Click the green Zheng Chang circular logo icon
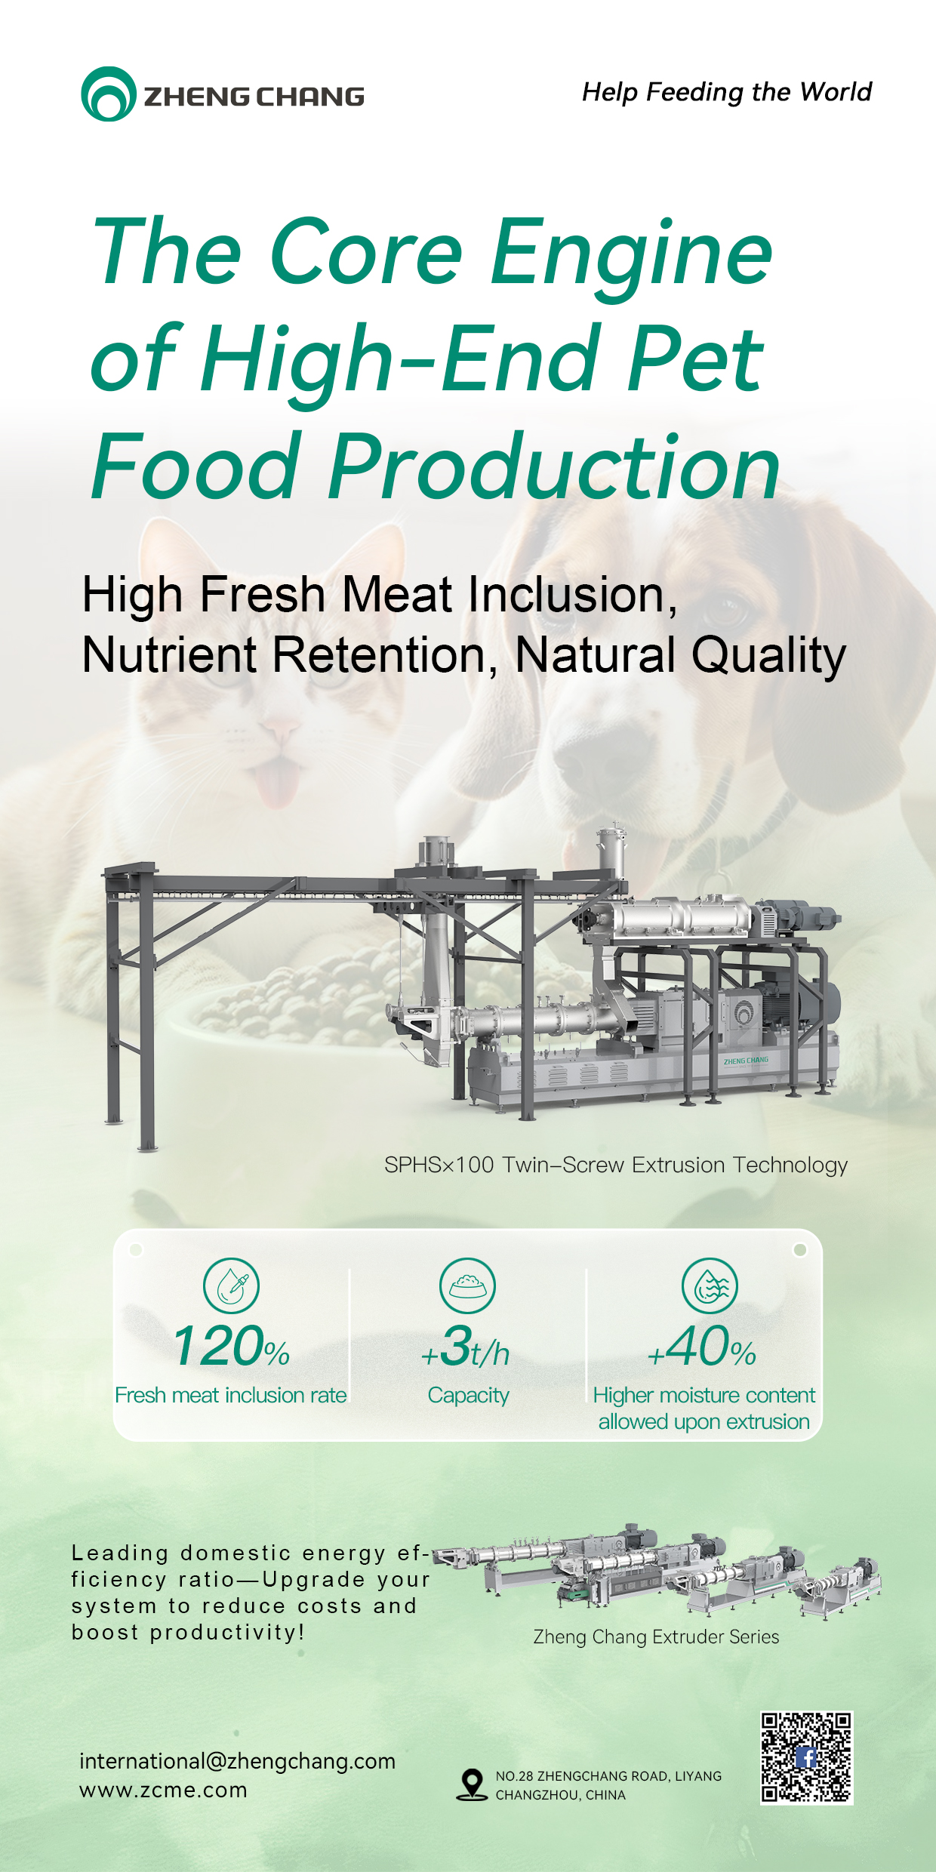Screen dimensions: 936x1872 tap(109, 94)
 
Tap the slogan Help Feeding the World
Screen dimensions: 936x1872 tap(726, 92)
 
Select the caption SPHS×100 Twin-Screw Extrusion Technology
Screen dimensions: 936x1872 tap(616, 1165)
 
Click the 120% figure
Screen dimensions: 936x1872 tap(231, 1347)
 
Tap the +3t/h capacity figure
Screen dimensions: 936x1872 tap(466, 1347)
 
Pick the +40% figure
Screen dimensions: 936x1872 tap(702, 1347)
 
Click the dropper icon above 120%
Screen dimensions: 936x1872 tap(231, 1285)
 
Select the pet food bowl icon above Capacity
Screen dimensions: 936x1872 tap(468, 1285)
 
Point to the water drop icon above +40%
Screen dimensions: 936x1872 tap(710, 1285)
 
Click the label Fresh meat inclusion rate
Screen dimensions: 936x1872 tap(231, 1395)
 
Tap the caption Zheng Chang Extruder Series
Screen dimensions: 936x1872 tap(656, 1636)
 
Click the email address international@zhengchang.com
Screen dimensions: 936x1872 tap(238, 1761)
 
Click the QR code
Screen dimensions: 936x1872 tap(806, 1757)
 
